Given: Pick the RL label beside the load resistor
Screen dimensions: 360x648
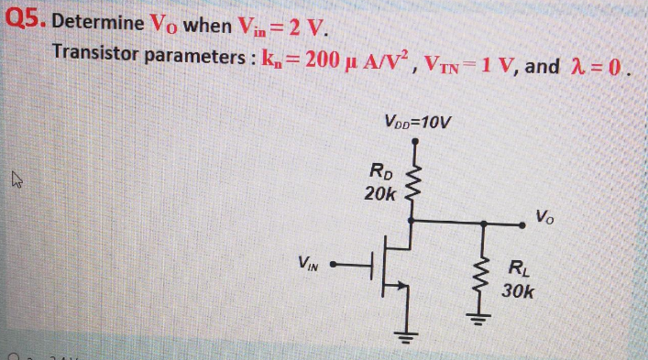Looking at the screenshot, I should coord(517,269).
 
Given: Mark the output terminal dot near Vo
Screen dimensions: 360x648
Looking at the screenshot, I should coord(522,222).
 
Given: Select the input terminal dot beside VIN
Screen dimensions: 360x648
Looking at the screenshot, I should coord(335,267).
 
